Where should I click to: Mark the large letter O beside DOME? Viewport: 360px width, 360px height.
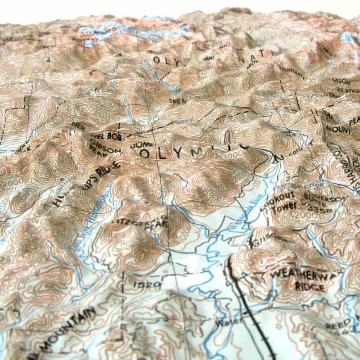tap(144, 154)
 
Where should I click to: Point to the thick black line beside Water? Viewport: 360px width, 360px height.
tap(247, 306)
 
